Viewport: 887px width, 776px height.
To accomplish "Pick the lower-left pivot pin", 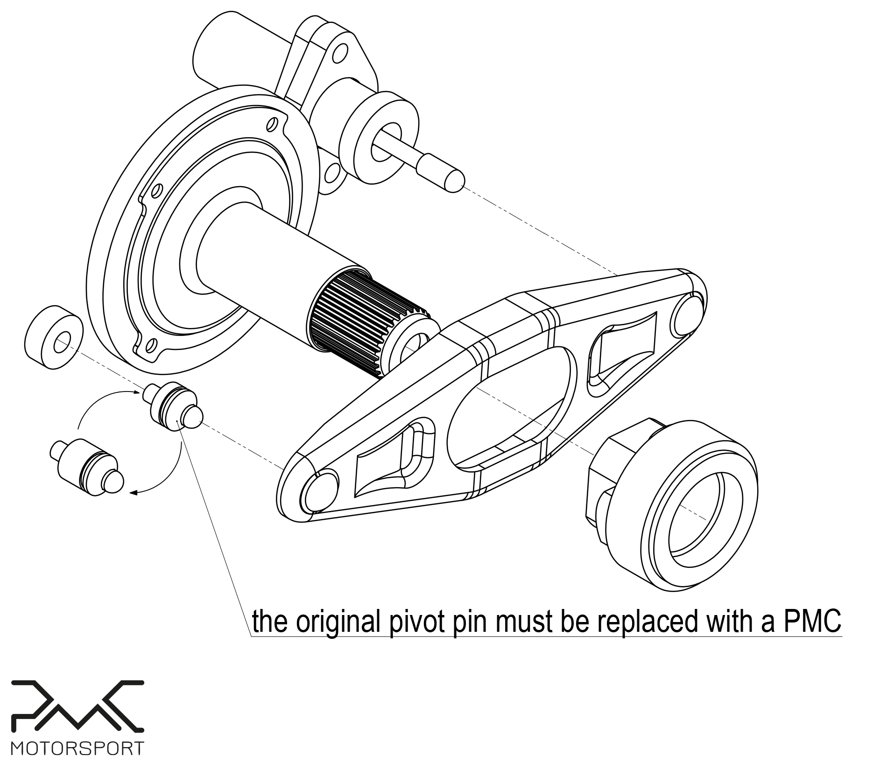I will point(89,467).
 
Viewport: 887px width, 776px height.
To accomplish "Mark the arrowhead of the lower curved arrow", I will point(133,492).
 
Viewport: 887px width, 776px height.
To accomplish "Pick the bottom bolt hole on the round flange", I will point(150,345).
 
